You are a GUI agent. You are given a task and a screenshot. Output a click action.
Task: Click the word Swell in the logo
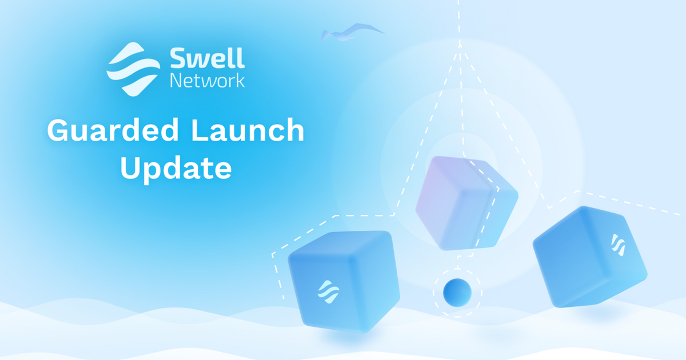tap(207, 58)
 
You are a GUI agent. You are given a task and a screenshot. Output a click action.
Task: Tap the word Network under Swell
tap(207, 80)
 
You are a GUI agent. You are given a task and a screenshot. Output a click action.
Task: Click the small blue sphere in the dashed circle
tap(457, 292)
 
